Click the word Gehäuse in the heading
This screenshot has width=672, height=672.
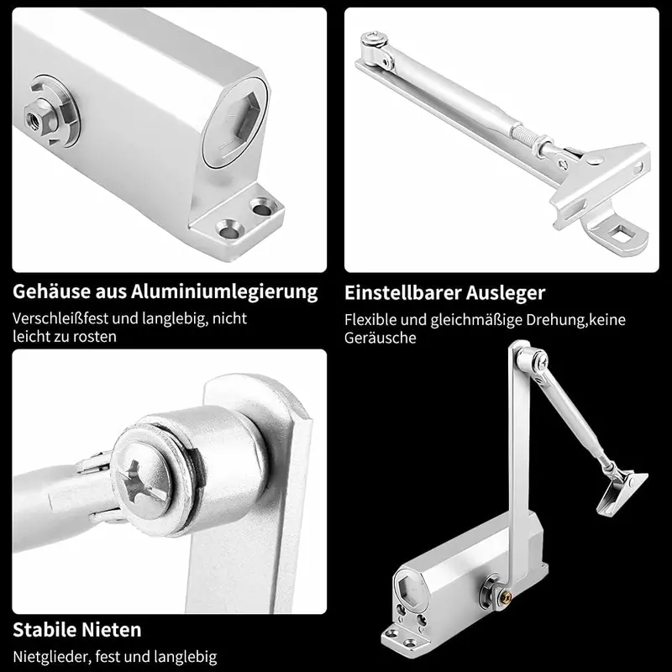click(52, 291)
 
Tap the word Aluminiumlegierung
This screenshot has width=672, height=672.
click(224, 292)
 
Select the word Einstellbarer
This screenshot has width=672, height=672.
click(402, 293)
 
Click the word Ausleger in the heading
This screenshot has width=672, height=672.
click(506, 294)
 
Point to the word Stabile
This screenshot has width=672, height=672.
click(45, 630)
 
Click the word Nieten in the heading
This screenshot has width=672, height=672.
click(112, 630)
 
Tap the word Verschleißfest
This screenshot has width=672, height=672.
click(67, 318)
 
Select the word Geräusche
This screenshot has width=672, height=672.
click(381, 338)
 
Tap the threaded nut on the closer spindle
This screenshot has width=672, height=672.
click(38, 117)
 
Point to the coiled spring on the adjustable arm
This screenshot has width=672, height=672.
click(524, 133)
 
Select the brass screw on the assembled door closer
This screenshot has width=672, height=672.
click(507, 595)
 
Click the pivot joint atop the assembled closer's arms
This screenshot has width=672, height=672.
click(533, 360)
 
